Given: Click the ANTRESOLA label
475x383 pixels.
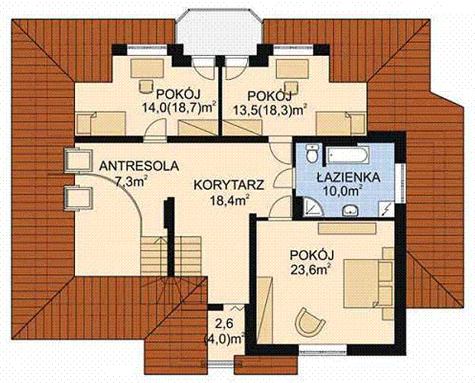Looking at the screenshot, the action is (x=139, y=166).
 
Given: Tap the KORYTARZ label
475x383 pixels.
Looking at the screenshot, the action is (x=229, y=185).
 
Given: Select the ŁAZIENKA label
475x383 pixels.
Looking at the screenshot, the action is (x=348, y=177).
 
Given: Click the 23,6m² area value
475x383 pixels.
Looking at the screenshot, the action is (x=310, y=269).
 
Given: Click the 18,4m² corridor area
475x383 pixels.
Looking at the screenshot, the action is (x=230, y=199).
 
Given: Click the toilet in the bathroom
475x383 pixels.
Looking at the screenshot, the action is (x=311, y=153).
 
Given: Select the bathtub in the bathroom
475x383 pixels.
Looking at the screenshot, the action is (x=347, y=155).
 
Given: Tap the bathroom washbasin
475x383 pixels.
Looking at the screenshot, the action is (x=350, y=211).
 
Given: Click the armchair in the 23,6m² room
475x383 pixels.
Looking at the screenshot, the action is (x=310, y=322).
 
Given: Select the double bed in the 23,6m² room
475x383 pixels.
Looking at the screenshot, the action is (x=369, y=278).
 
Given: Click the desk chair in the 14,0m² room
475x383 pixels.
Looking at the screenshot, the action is (x=145, y=87).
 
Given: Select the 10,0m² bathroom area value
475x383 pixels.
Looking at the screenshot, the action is (x=343, y=191).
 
